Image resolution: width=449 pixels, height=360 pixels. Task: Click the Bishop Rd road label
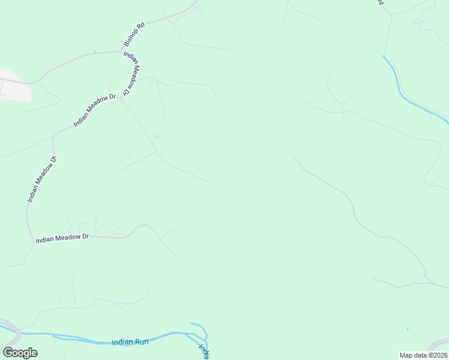point(134,35)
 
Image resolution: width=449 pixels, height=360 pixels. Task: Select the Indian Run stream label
point(130,342)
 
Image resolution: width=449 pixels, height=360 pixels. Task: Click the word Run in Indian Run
point(141,342)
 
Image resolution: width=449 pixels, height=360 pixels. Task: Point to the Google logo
point(20,352)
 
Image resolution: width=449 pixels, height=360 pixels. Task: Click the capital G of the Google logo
point(8,352)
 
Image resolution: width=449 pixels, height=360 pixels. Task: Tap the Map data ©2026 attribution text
point(423,355)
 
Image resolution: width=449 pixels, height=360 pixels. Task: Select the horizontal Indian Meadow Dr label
point(62,238)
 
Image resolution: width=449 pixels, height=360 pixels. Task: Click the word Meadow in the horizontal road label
point(64,238)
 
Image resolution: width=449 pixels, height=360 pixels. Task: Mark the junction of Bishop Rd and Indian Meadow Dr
point(122,52)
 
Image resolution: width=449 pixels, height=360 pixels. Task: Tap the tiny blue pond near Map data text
point(408,329)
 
